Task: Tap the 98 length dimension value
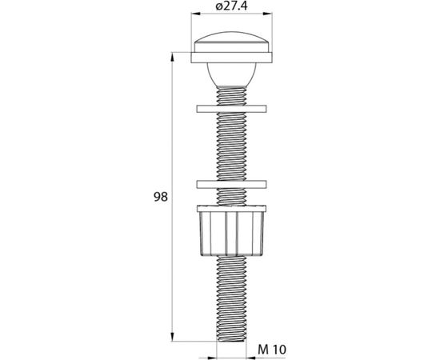[160, 196]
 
